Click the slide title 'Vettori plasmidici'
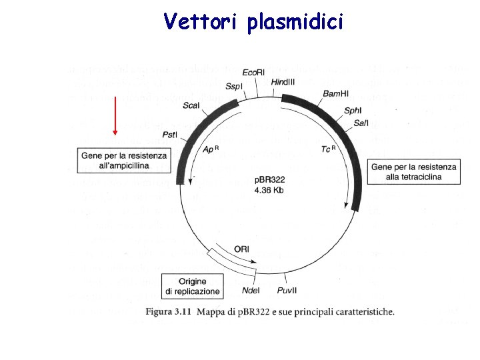(253, 22)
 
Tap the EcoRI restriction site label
(254, 72)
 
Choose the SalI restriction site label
(361, 123)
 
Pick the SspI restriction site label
(233, 87)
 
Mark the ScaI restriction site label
(191, 106)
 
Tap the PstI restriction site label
(170, 135)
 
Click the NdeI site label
(251, 291)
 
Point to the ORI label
(242, 249)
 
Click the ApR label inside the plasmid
(211, 149)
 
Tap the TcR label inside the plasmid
(328, 149)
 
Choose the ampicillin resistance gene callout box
(124, 160)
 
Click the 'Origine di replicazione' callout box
(193, 287)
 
